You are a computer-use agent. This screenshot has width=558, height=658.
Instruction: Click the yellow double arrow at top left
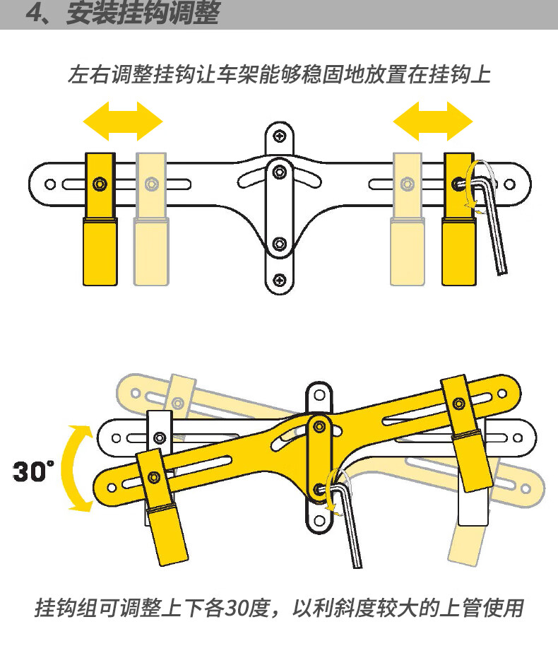(123, 122)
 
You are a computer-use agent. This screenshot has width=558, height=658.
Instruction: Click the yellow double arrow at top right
(433, 122)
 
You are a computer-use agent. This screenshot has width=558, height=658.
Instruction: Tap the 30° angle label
(33, 471)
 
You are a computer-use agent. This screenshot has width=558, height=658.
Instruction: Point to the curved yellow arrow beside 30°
(76, 469)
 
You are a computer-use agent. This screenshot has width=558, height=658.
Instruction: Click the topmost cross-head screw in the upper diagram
(280, 136)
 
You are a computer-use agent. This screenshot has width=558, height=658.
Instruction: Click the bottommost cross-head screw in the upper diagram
(280, 280)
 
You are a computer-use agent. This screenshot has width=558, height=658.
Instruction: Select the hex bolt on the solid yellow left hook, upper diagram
(100, 184)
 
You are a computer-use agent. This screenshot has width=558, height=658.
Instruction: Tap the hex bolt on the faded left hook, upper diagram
(151, 184)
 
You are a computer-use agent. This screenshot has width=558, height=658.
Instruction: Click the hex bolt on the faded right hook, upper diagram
(407, 184)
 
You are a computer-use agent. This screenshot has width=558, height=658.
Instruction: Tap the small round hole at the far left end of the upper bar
(50, 184)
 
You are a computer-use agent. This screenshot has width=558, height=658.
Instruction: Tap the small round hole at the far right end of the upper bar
(510, 184)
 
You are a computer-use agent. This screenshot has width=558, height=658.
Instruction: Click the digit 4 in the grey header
(34, 13)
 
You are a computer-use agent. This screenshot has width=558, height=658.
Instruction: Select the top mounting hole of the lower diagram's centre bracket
(319, 395)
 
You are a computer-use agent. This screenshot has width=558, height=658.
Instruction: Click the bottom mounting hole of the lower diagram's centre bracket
(319, 521)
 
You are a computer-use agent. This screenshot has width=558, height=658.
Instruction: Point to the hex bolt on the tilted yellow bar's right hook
(459, 404)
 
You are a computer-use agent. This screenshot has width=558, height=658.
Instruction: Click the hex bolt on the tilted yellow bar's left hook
(154, 477)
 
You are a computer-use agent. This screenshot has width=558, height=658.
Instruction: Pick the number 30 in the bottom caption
(237, 608)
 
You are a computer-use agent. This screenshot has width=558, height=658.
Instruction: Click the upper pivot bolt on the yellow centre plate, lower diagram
(319, 427)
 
